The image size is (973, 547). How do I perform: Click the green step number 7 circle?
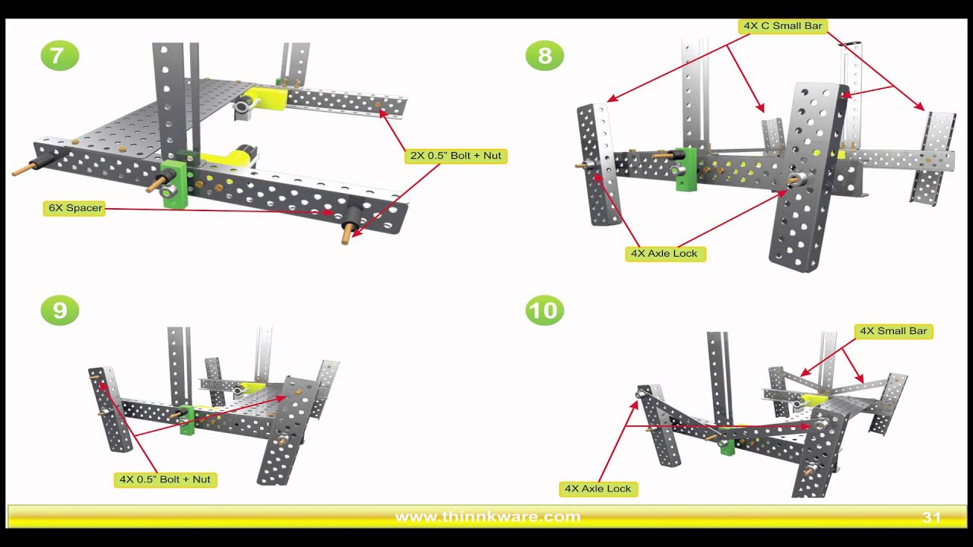click(x=59, y=56)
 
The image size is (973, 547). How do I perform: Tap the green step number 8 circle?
click(x=544, y=56)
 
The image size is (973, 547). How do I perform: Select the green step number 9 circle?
click(x=59, y=311)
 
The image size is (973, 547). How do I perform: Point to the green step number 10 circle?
click(x=544, y=311)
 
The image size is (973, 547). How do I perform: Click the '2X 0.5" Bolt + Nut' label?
click(x=455, y=156)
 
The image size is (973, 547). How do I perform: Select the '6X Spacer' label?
click(x=74, y=208)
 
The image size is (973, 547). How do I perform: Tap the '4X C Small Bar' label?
click(x=782, y=26)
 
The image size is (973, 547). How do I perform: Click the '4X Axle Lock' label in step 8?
click(x=665, y=254)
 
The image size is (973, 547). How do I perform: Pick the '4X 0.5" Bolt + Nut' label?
click(x=165, y=479)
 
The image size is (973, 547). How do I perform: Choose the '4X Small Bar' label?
click(x=893, y=331)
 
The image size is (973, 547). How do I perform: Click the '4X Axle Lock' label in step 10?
click(x=598, y=489)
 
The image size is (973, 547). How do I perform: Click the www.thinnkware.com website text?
click(x=487, y=517)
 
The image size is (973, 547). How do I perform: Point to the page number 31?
click(x=931, y=517)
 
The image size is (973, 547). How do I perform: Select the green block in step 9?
click(x=187, y=421)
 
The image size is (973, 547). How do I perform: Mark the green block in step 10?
click(x=727, y=442)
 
